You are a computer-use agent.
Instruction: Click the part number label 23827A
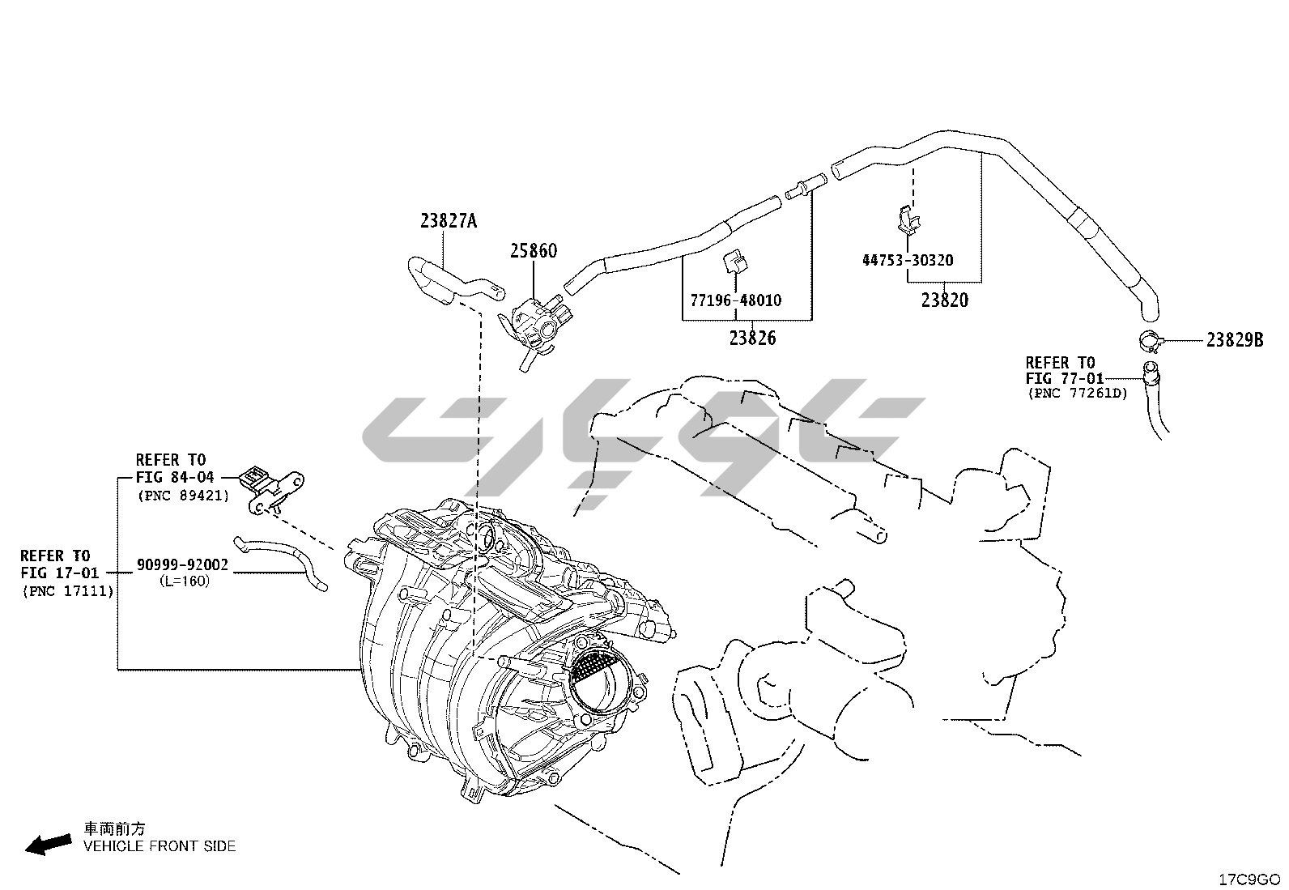pos(449,221)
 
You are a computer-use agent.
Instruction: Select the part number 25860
pos(534,251)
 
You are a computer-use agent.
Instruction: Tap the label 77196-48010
pos(735,300)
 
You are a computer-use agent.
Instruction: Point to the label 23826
pos(753,338)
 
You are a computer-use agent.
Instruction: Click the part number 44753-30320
pos(908,260)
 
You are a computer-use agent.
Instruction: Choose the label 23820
pos(945,300)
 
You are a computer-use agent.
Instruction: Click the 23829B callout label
pos(1235,340)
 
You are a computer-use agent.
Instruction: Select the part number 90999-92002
pos(182,564)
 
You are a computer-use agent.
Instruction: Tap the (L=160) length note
pos(185,581)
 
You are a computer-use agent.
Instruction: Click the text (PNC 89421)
pos(184,496)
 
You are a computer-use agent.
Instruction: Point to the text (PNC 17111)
pos(69,591)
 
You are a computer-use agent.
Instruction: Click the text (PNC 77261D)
pos(1078,394)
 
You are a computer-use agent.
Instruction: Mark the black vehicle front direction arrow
pos(49,845)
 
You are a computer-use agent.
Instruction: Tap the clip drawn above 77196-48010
pos(735,262)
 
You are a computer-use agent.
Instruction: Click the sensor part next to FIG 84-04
pos(273,489)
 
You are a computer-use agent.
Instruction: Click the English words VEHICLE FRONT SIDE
pos(160,846)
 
